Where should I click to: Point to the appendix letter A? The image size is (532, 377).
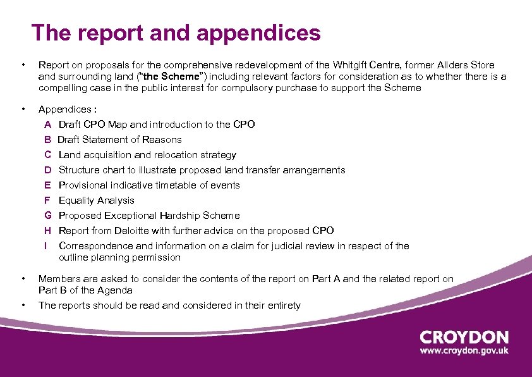coord(48,125)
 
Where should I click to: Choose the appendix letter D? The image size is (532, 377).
coord(48,170)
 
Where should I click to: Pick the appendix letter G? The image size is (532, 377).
coord(48,216)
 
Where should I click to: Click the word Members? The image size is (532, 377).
coord(58,279)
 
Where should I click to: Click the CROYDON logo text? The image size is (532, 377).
coord(464,337)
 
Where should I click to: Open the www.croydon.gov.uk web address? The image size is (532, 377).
coord(464,352)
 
